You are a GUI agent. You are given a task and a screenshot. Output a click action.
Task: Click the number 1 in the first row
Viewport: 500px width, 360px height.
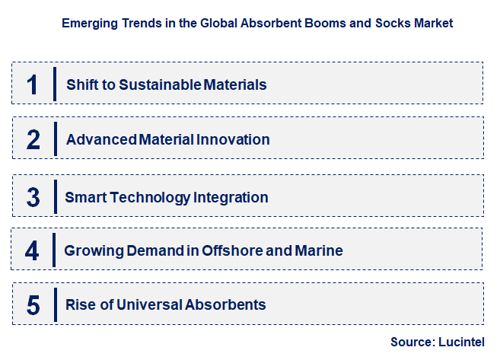[32, 84]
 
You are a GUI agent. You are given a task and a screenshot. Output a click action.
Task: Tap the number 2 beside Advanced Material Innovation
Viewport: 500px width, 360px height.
[33, 139]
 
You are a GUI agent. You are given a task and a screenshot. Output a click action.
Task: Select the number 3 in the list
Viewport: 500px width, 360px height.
[33, 197]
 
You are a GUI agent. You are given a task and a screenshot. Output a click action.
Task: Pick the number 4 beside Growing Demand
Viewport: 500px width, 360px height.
[32, 250]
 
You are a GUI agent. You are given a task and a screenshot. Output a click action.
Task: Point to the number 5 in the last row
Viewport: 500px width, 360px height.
[33, 305]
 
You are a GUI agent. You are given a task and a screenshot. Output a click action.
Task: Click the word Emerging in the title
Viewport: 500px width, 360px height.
[88, 24]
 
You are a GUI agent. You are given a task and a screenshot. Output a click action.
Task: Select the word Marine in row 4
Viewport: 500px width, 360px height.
[320, 250]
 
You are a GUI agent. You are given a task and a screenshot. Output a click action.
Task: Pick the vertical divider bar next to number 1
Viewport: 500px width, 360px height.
[55, 84]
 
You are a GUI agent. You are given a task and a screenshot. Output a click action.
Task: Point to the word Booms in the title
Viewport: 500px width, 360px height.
[330, 24]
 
